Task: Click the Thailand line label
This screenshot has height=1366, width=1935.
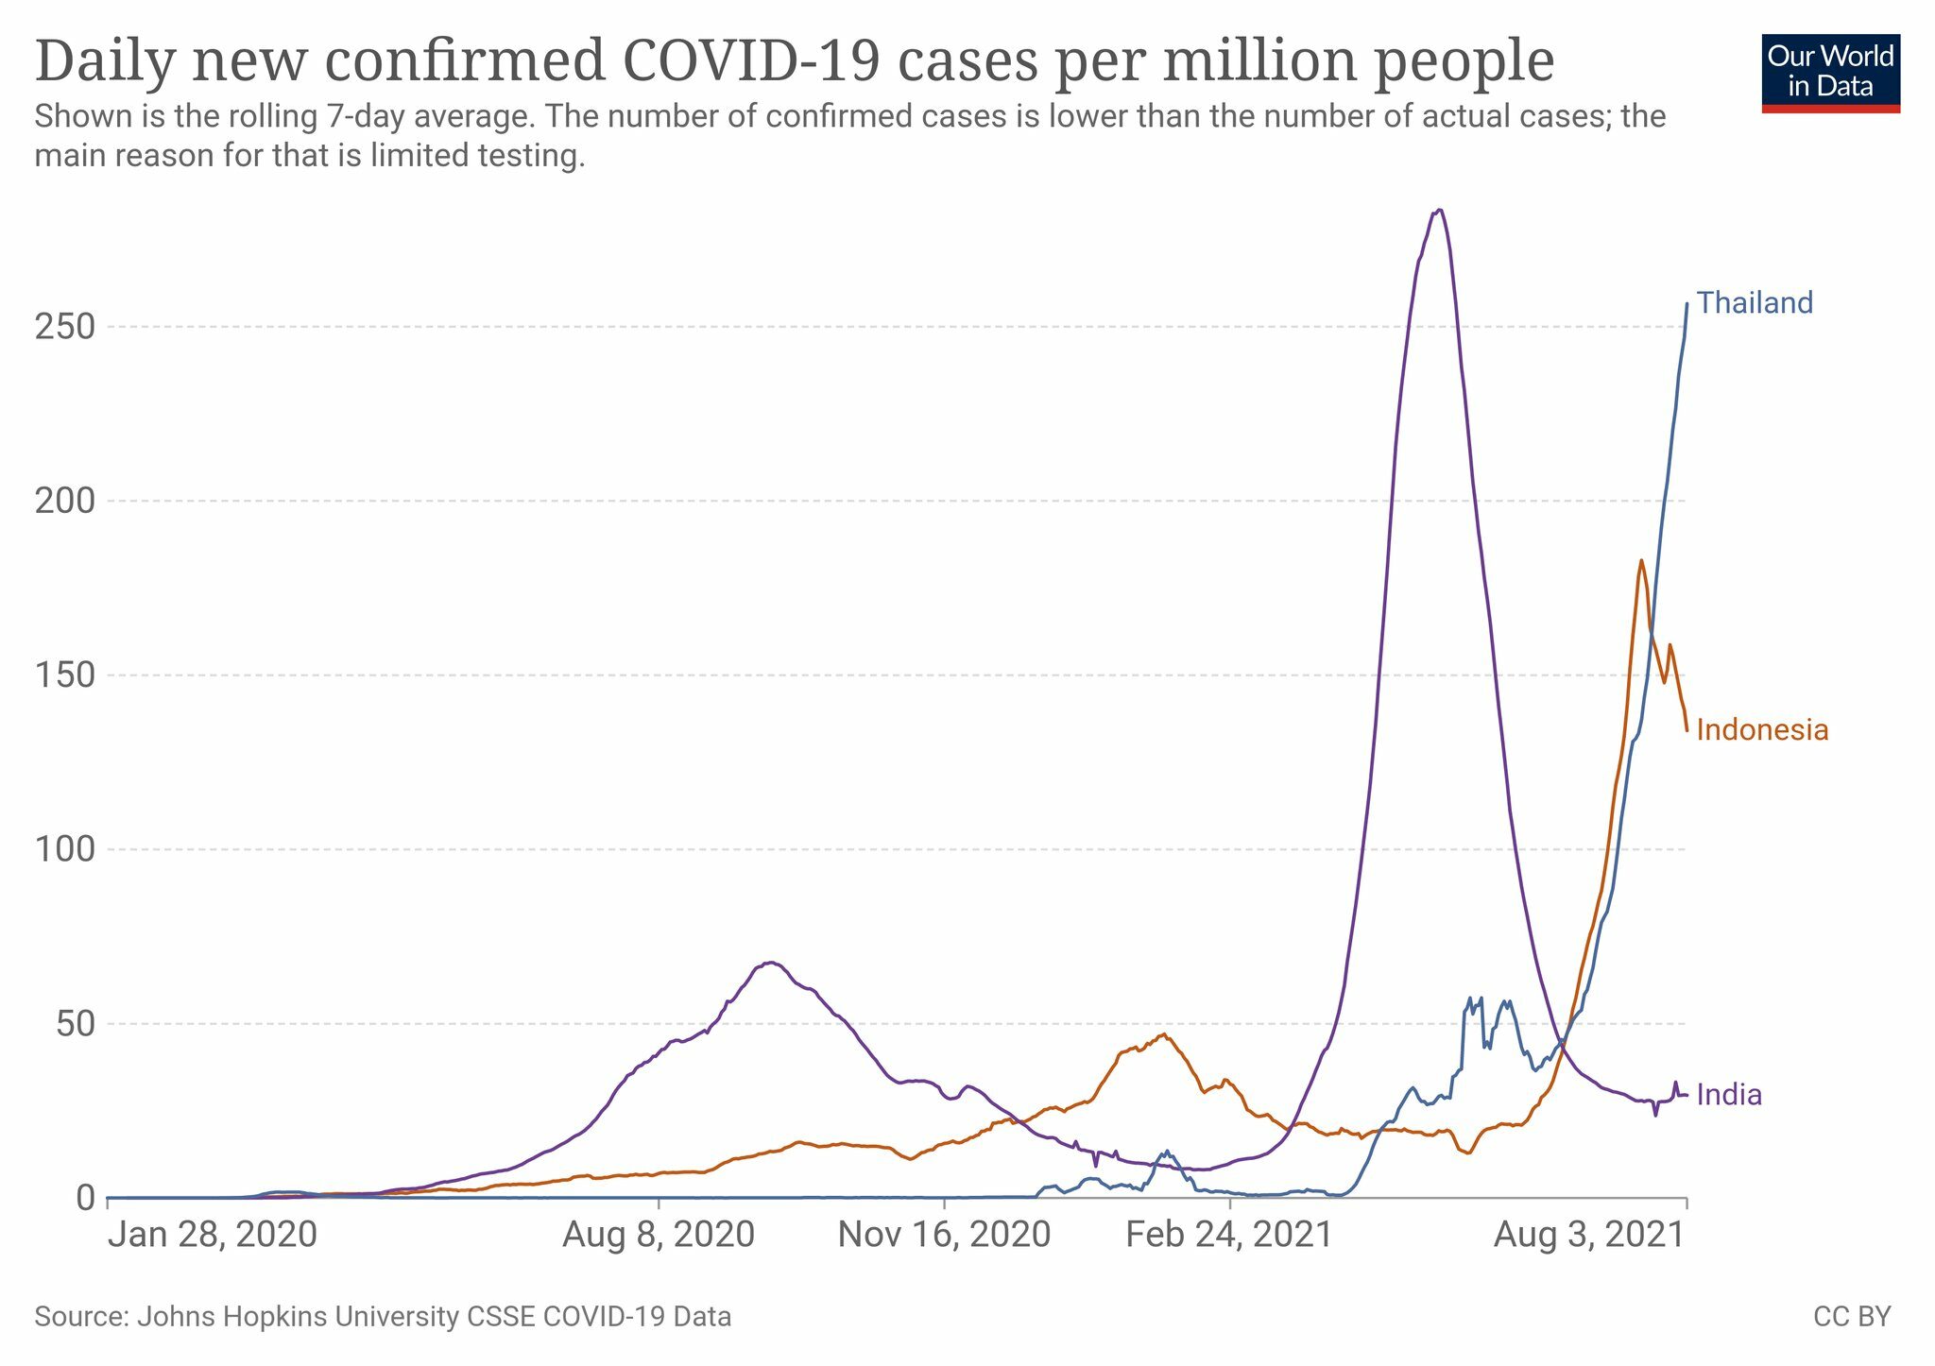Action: click(x=1755, y=303)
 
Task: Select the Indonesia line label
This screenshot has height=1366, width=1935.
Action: click(x=1762, y=730)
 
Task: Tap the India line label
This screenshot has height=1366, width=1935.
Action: click(x=1729, y=1095)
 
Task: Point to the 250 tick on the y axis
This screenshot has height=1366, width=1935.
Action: click(x=65, y=327)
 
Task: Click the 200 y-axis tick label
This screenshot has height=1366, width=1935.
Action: click(x=65, y=501)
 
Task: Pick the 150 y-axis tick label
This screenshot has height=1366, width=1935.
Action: click(x=65, y=675)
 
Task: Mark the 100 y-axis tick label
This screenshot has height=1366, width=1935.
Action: click(x=65, y=849)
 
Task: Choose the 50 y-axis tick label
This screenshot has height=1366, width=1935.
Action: click(x=76, y=1024)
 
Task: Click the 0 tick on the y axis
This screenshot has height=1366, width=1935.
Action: click(x=86, y=1198)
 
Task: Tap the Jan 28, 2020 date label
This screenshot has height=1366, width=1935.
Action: click(x=213, y=1235)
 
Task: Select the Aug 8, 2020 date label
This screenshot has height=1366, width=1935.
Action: click(x=659, y=1235)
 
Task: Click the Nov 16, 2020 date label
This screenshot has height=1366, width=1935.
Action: click(x=944, y=1235)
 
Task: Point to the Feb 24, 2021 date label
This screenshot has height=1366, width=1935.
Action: click(x=1229, y=1235)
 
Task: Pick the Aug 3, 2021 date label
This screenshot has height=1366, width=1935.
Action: click(x=1589, y=1235)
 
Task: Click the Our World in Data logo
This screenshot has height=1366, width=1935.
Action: click(x=1830, y=74)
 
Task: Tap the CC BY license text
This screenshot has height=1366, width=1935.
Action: click(x=1852, y=1317)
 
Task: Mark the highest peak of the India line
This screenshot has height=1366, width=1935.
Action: click(x=1438, y=211)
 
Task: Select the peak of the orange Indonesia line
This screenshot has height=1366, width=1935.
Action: click(x=1641, y=560)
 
